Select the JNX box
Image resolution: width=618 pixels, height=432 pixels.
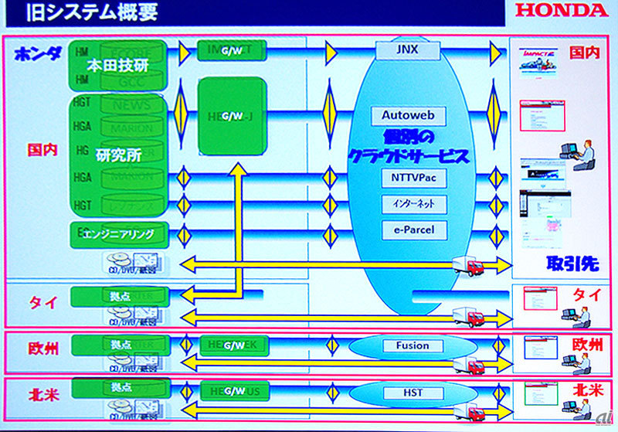410,50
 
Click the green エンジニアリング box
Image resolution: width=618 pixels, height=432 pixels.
120,233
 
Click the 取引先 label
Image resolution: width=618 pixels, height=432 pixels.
572,264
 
